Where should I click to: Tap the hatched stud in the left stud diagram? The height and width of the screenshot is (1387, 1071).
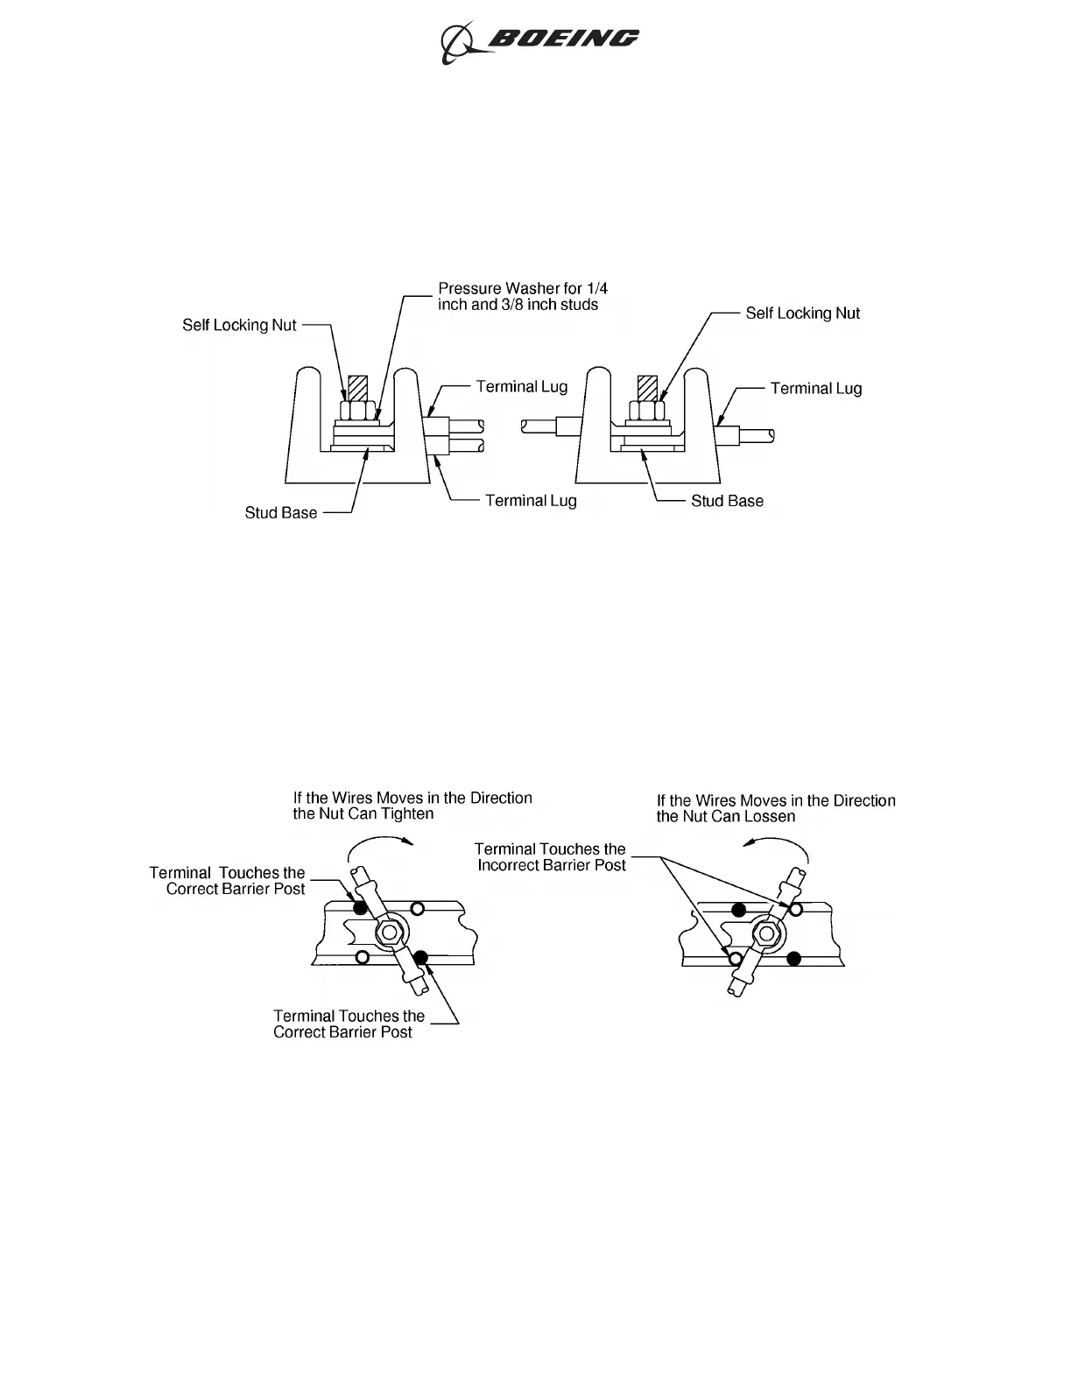358,388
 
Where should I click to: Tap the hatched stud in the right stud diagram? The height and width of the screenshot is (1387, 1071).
647,387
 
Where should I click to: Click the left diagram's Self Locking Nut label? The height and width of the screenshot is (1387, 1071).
239,325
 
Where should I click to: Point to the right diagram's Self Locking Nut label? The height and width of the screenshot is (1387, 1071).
802,313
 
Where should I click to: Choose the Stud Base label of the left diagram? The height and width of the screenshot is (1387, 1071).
280,513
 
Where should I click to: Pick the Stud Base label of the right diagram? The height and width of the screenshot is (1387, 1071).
727,501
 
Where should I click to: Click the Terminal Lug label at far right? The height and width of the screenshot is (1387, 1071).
815,388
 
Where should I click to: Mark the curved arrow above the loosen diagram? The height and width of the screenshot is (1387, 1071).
775,844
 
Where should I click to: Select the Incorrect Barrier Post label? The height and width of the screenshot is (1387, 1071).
551,857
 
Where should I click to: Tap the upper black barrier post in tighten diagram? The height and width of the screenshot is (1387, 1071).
360,908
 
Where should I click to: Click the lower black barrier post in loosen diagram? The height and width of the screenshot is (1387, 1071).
794,958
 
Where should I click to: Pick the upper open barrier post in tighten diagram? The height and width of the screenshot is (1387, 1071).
418,907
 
